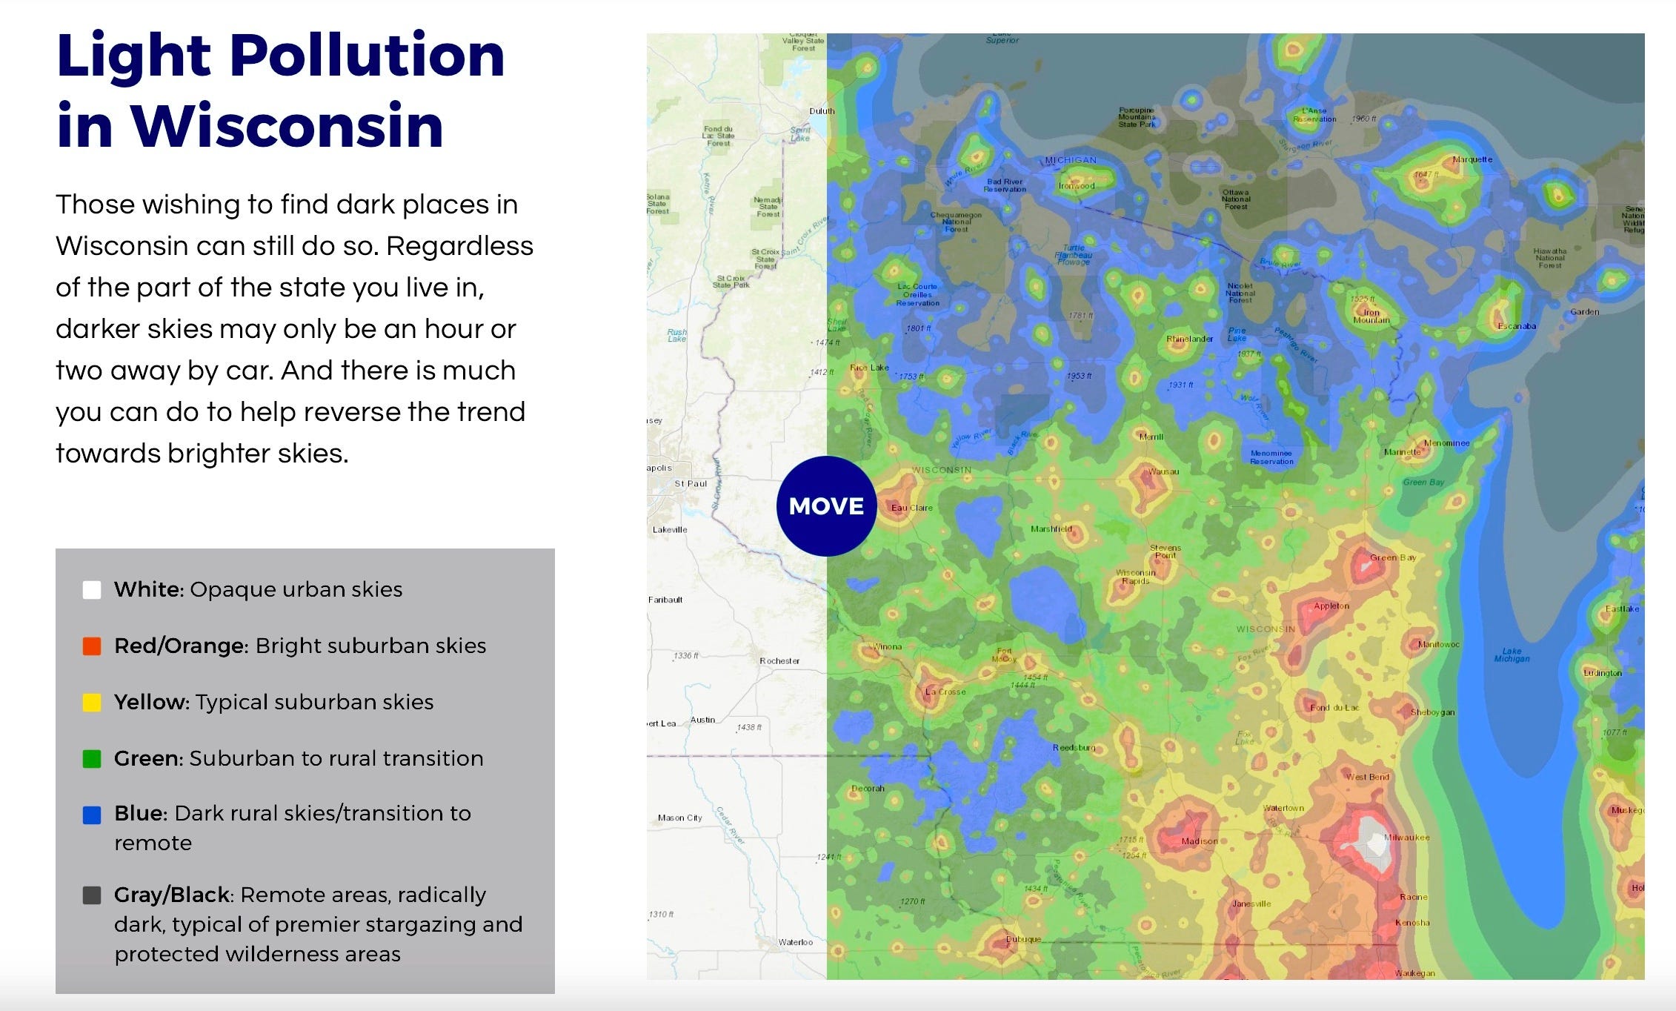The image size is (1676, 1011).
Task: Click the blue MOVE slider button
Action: click(826, 506)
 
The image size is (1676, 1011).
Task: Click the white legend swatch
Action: click(92, 590)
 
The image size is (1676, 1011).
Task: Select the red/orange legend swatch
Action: click(92, 646)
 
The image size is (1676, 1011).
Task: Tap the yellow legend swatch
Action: click(92, 703)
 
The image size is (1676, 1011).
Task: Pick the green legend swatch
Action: click(92, 759)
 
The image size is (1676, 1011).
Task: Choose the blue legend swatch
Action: click(92, 815)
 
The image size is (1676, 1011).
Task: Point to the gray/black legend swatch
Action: click(92, 895)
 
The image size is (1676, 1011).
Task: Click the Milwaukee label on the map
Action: click(1406, 838)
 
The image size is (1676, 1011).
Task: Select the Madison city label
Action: click(1199, 841)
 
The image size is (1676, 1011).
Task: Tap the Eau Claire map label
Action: click(911, 508)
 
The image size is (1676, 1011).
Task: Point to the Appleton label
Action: click(1331, 606)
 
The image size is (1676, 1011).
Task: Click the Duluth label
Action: click(821, 111)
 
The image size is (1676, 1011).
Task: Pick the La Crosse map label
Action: click(945, 692)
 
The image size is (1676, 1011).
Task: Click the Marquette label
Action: click(1472, 159)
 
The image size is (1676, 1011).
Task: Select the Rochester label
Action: click(779, 661)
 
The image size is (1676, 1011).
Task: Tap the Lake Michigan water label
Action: click(1512, 655)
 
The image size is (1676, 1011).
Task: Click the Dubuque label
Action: click(1023, 940)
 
